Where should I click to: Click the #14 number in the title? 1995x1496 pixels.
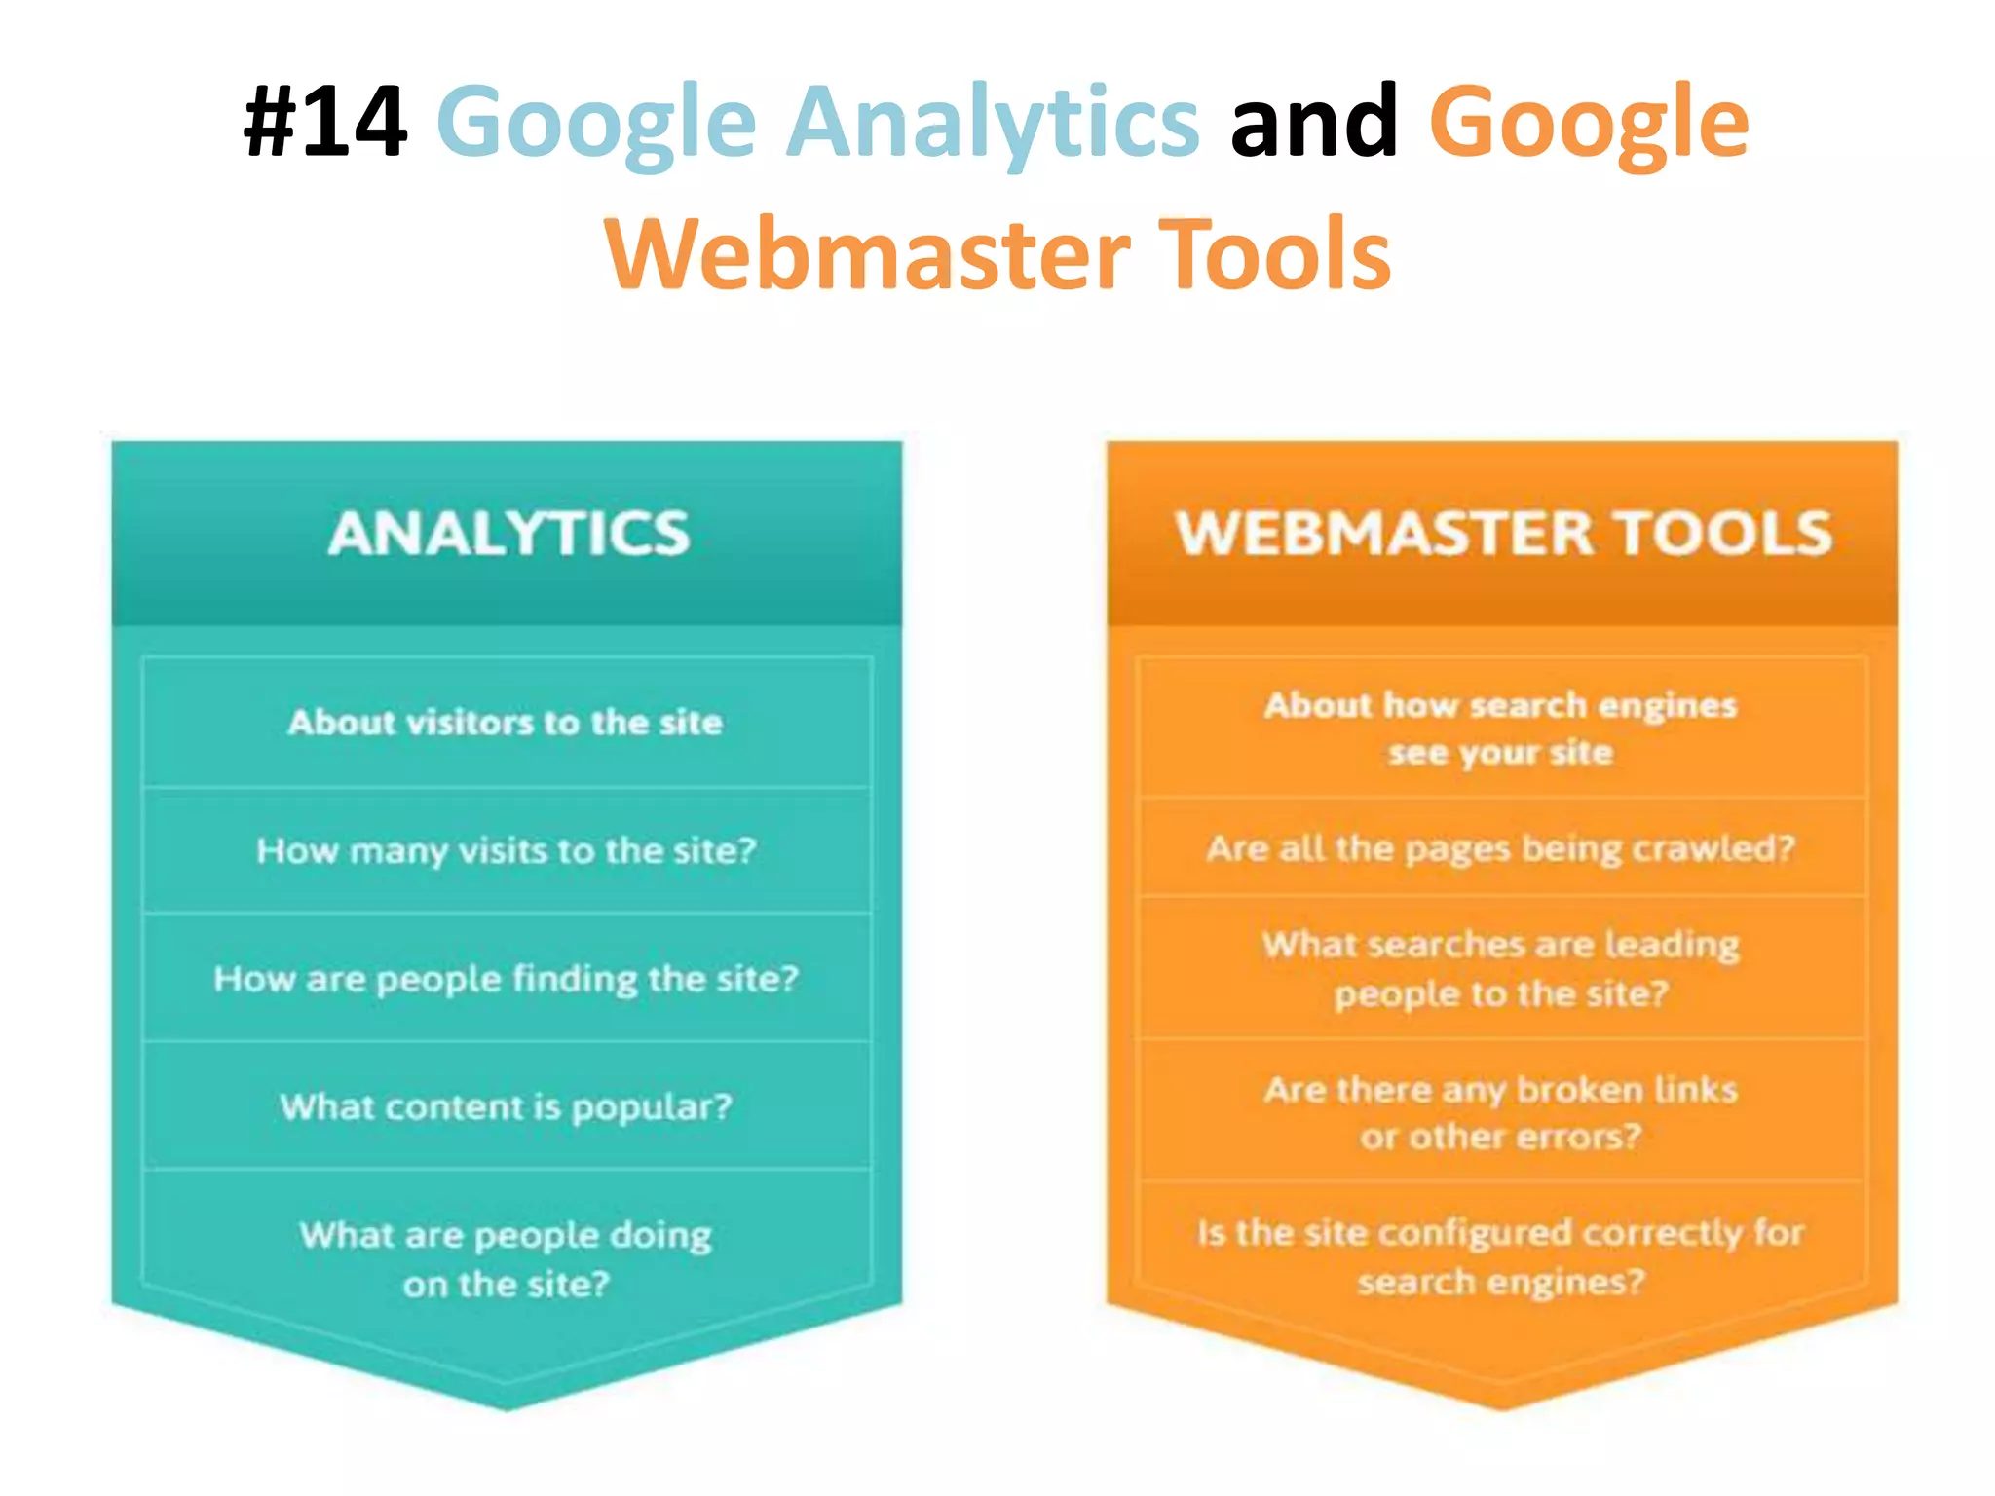point(325,122)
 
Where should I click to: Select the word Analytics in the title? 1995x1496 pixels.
point(993,124)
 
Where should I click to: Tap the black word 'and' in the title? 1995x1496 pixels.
point(1313,122)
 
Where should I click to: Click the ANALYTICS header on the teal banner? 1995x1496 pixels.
point(508,534)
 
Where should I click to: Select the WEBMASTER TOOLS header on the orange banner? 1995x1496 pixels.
point(1503,534)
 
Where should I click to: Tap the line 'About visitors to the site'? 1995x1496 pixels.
point(506,723)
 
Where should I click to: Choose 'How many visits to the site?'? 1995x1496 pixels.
point(506,851)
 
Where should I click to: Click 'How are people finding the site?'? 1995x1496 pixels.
point(506,979)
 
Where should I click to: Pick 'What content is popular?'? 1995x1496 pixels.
point(506,1107)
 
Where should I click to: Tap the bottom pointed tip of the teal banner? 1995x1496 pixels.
point(507,1404)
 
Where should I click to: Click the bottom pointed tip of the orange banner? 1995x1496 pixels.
point(1502,1404)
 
